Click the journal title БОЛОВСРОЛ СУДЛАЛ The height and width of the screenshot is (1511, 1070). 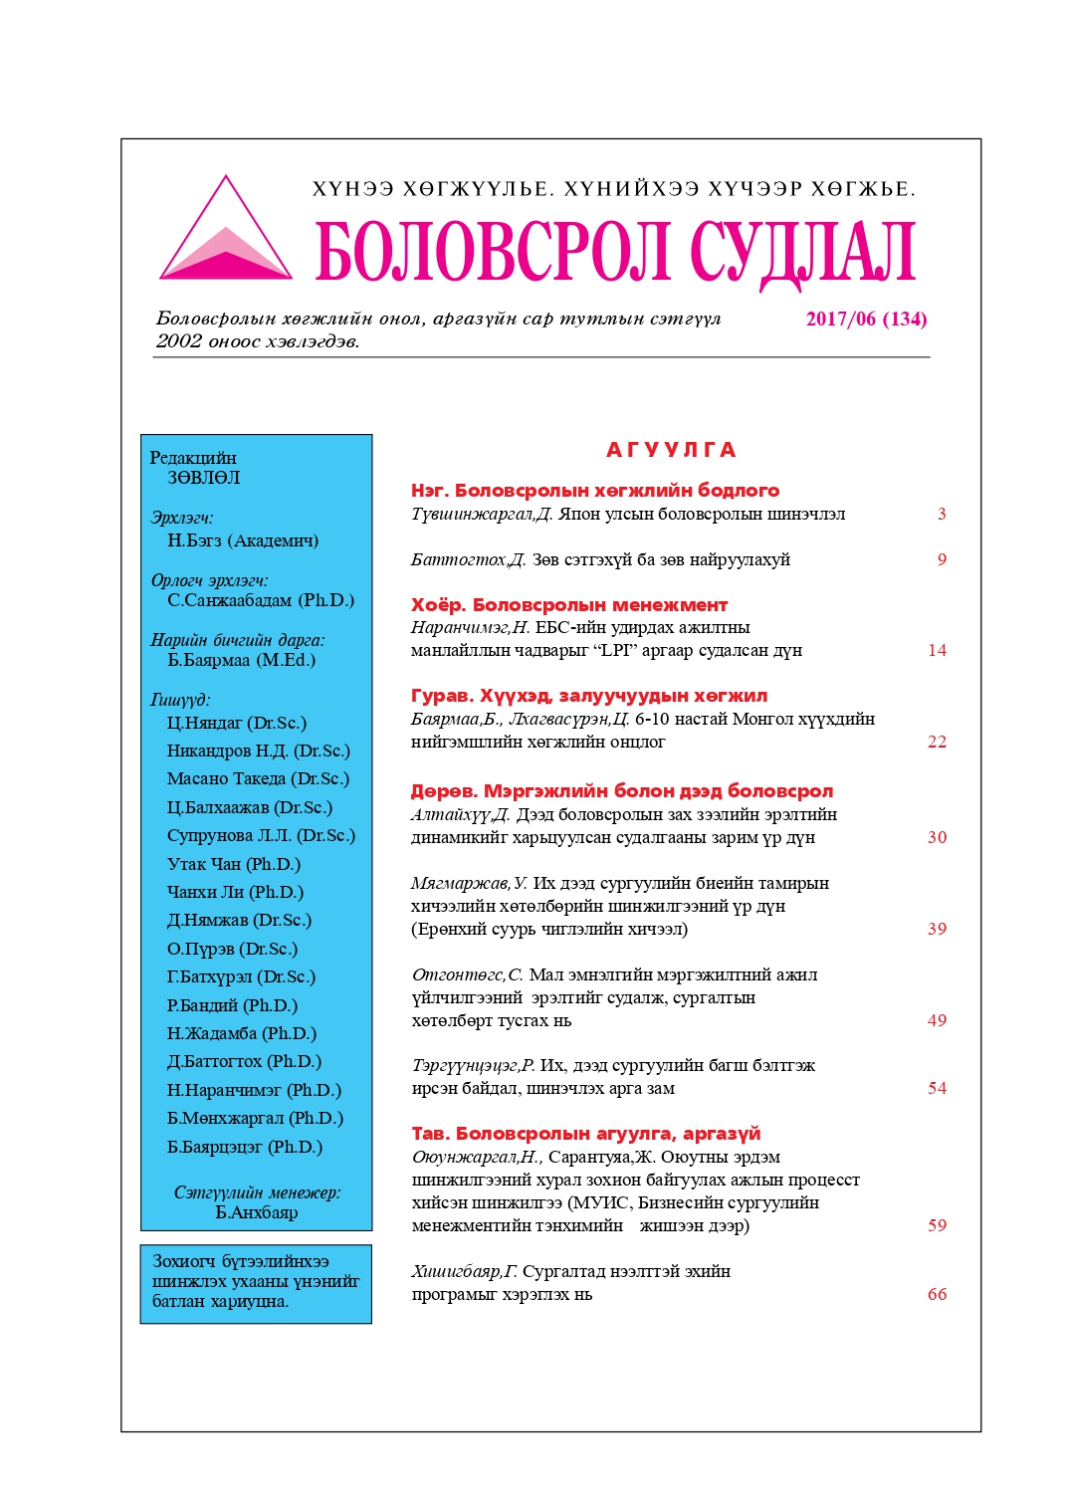[x=615, y=251]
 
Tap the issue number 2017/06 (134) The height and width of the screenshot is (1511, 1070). [x=866, y=320]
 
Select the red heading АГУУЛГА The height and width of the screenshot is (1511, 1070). [x=671, y=450]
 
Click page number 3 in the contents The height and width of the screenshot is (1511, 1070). [x=942, y=515]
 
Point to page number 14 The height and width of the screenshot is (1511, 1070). [x=937, y=651]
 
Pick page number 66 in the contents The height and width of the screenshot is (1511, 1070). [x=937, y=1295]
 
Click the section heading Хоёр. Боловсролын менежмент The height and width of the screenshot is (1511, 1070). [x=569, y=605]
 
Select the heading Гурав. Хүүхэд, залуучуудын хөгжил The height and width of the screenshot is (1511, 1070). [x=589, y=696]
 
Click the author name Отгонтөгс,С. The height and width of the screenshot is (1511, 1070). [x=467, y=975]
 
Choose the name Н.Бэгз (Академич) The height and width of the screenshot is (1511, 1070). [x=243, y=541]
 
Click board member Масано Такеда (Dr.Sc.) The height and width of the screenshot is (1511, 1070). [x=258, y=779]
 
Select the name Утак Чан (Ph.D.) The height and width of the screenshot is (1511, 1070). [x=234, y=864]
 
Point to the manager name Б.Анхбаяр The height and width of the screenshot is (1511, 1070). [x=257, y=1213]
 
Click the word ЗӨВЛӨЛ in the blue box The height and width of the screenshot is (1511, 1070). [x=204, y=479]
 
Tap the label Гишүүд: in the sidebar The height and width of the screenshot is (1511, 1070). [x=180, y=701]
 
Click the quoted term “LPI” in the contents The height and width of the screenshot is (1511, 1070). [x=618, y=651]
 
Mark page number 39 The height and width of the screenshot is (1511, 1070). [x=937, y=930]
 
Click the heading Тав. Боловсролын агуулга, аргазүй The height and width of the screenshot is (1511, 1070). [x=586, y=1134]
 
